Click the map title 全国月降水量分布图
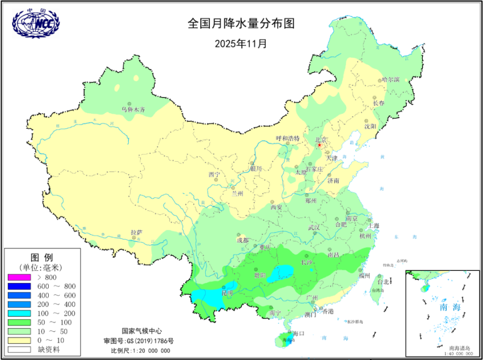pos(240,24)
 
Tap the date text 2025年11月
pos(240,43)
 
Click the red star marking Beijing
pos(319,146)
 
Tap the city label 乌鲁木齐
pos(133,109)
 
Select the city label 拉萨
pos(136,232)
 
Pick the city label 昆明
pos(227,293)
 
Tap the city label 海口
pos(299,334)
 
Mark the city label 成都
pos(243,241)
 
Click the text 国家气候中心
pos(142,331)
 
